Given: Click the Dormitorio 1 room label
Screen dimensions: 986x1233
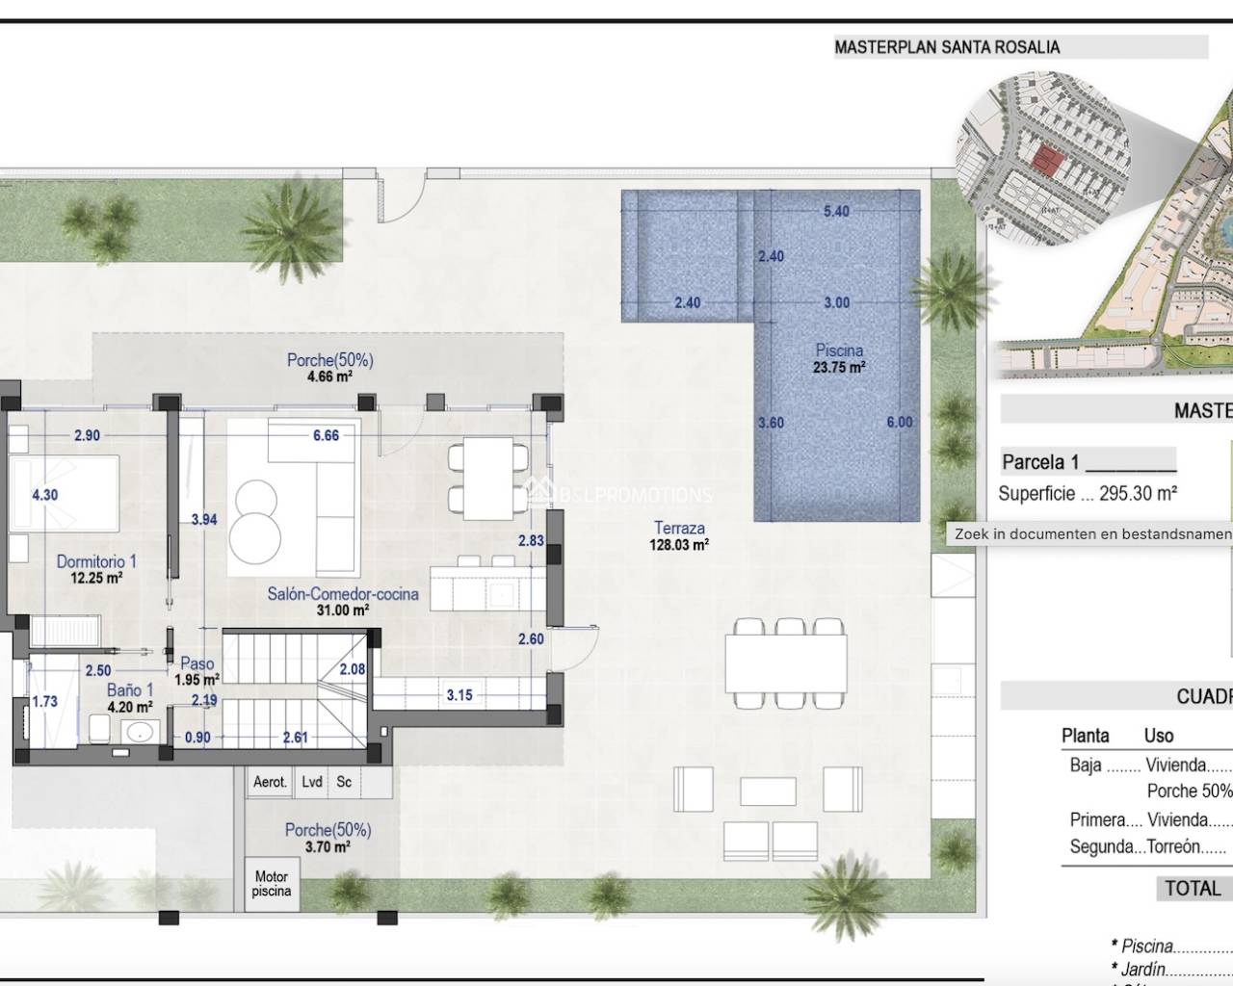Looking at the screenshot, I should tap(96, 561).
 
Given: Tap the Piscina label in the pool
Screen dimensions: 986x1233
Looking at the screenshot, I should tap(839, 350).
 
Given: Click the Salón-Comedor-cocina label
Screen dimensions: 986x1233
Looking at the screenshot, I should tap(343, 594).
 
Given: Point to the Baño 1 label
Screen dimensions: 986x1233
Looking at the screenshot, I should tap(130, 689).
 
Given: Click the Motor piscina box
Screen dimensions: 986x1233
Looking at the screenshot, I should tap(272, 884).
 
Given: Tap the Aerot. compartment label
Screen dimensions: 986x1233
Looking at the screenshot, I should tap(270, 782).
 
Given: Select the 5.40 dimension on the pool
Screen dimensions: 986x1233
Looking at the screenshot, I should tap(836, 211).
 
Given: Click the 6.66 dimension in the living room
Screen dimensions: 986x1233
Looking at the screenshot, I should tap(326, 435).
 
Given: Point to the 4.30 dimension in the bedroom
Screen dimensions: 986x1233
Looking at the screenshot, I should tap(44, 495).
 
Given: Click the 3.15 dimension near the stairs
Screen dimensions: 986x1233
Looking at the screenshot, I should tap(459, 694).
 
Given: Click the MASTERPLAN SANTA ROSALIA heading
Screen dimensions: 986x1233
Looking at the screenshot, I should tap(947, 46).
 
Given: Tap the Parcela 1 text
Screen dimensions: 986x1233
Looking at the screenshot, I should tap(1040, 462).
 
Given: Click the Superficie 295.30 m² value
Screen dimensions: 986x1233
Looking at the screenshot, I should tap(1088, 494).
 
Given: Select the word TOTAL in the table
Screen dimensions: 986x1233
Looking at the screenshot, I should tap(1193, 889).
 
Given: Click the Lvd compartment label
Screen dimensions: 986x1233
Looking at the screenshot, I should tap(311, 782).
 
